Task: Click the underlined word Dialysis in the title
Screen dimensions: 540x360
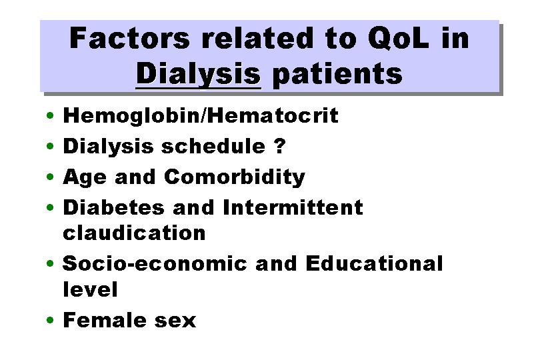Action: click(x=199, y=74)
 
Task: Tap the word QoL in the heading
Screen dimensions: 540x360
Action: click(x=399, y=38)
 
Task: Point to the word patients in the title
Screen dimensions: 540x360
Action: click(x=337, y=74)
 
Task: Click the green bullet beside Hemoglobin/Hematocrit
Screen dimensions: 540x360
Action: click(x=50, y=115)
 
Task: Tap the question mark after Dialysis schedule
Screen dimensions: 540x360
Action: click(x=280, y=146)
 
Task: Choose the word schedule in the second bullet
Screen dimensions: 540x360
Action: click(x=213, y=146)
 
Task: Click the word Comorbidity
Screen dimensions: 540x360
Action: click(x=235, y=178)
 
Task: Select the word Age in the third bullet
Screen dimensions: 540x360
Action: click(x=85, y=178)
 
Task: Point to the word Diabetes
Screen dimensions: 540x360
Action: click(x=113, y=207)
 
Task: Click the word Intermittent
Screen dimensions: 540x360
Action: click(x=293, y=207)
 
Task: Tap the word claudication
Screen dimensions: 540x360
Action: click(x=134, y=233)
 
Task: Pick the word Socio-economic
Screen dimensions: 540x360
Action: click(x=155, y=263)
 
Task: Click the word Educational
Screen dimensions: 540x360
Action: click(x=374, y=263)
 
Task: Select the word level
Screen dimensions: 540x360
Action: click(x=90, y=289)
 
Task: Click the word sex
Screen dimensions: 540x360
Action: click(x=175, y=321)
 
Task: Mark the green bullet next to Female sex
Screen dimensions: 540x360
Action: click(x=50, y=320)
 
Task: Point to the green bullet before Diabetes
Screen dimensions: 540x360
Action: click(x=50, y=207)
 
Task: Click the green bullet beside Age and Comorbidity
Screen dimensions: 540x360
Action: click(x=50, y=177)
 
